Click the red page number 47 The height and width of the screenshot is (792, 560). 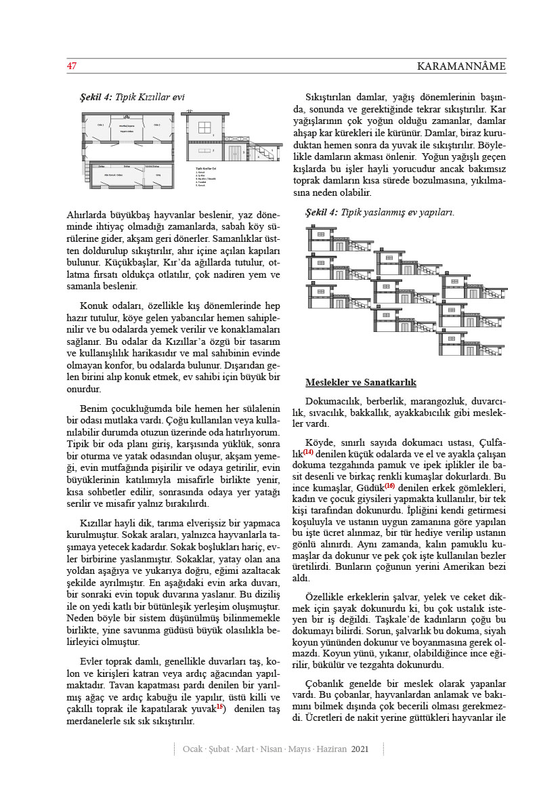(x=70, y=66)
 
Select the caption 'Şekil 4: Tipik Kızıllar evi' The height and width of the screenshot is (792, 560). (x=132, y=98)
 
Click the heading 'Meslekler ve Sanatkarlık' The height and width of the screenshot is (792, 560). (x=360, y=383)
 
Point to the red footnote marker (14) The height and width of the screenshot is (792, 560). (x=308, y=452)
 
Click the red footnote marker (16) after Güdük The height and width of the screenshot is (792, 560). (x=389, y=486)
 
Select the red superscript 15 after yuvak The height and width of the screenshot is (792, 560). (x=219, y=707)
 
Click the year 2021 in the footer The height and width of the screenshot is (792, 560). (x=360, y=749)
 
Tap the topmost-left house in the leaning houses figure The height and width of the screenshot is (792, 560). (x=339, y=237)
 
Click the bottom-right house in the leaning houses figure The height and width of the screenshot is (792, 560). (x=474, y=342)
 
